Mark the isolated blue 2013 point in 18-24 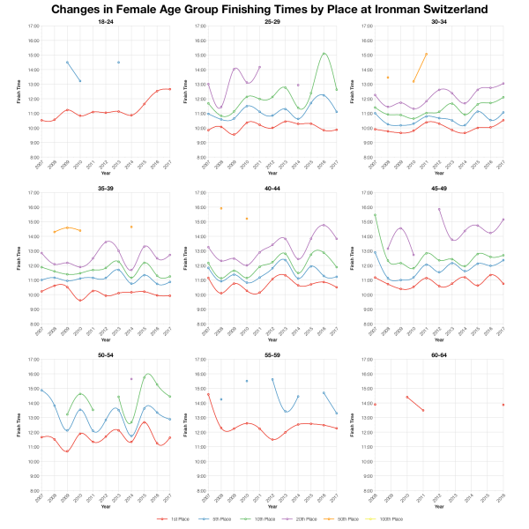pos(118,63)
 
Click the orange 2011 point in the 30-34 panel pos(427,54)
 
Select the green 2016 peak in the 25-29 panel pos(324,54)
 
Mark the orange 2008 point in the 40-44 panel pos(220,208)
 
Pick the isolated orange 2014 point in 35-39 pos(131,227)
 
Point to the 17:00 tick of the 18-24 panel pos(31,26)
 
